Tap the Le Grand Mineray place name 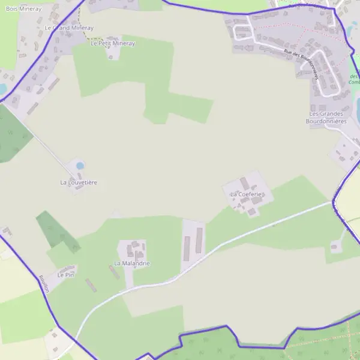[69, 28]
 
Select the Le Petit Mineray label [113, 43]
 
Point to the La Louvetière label [79, 182]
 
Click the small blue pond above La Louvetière [80, 166]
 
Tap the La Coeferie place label [247, 194]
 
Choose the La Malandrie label [132, 263]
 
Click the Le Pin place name [65, 274]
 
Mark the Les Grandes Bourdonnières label [326, 117]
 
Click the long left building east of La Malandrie [187, 245]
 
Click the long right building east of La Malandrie [200, 240]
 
